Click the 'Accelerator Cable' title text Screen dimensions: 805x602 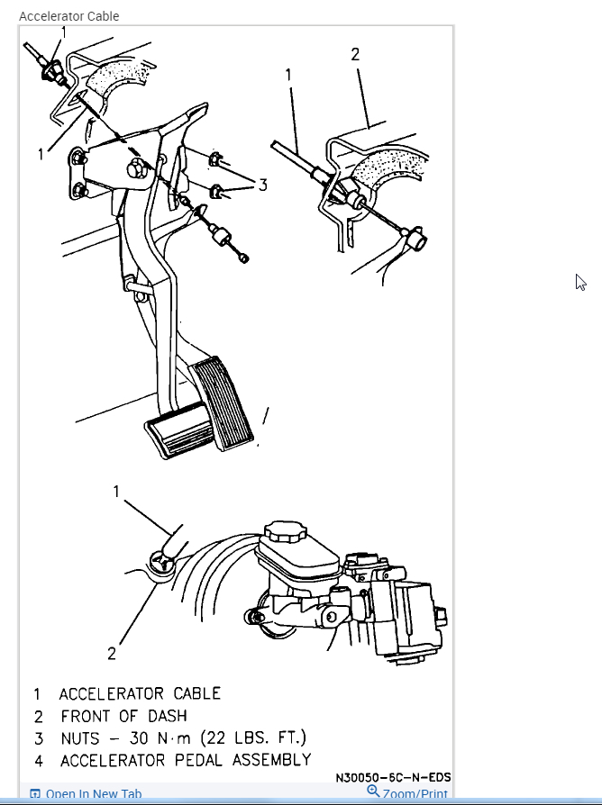pyautogui.click(x=68, y=16)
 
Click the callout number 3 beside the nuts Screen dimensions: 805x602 pyautogui.click(x=262, y=185)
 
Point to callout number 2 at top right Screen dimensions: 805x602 pyautogui.click(x=355, y=55)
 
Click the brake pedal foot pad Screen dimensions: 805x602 pyautogui.click(x=180, y=436)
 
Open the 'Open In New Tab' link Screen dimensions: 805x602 pyautogui.click(x=87, y=794)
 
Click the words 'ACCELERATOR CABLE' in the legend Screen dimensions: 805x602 pyautogui.click(x=140, y=693)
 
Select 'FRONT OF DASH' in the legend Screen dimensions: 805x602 pyautogui.click(x=124, y=716)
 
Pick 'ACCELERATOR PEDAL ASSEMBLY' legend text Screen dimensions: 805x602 pyautogui.click(x=186, y=761)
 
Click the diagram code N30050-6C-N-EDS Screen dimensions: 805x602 pyautogui.click(x=393, y=777)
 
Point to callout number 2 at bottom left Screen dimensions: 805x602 pyautogui.click(x=112, y=654)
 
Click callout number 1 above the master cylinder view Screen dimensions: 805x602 pyautogui.click(x=116, y=491)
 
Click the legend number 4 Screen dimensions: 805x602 pyautogui.click(x=38, y=761)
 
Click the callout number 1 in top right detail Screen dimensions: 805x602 pyautogui.click(x=288, y=75)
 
